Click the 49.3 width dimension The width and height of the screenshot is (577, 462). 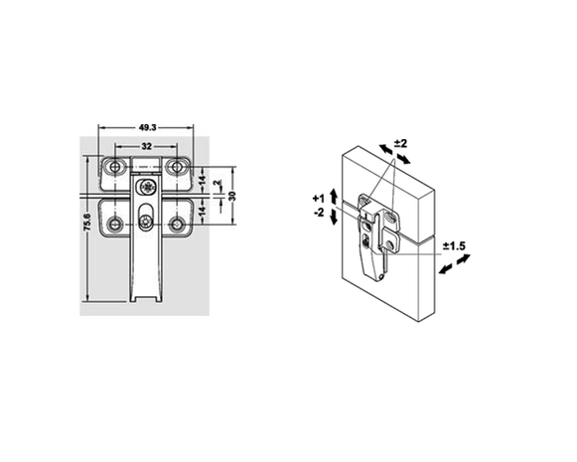tap(148, 127)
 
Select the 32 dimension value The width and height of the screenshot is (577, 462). tap(146, 146)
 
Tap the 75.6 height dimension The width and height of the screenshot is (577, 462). tap(87, 222)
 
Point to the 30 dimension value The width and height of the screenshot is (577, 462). tap(231, 196)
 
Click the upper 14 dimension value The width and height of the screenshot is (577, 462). tap(202, 181)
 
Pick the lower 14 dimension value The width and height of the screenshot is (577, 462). tap(202, 211)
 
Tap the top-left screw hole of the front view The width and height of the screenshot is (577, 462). tap(115, 167)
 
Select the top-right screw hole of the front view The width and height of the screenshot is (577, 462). tap(178, 167)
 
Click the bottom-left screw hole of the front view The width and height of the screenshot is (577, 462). tap(114, 225)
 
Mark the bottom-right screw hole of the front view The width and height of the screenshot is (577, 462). tap(178, 225)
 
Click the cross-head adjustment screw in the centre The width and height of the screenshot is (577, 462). tap(148, 187)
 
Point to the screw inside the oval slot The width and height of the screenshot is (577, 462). tap(144, 222)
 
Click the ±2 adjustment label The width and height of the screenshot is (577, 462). tap(401, 143)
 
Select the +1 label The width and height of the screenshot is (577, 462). tap(319, 199)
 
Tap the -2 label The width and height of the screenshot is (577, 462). tap(319, 213)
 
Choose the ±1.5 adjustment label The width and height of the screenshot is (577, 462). tap(454, 246)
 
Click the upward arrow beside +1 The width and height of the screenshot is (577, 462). tap(334, 196)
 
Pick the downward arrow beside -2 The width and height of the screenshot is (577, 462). tap(334, 217)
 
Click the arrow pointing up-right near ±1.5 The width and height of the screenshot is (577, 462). tap(464, 259)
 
